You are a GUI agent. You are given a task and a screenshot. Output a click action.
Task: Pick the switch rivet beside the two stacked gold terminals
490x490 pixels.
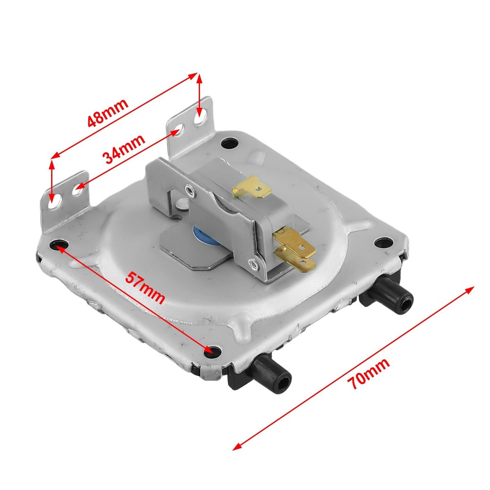(x=253, y=265)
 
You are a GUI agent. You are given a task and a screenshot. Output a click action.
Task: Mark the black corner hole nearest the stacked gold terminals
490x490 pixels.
(x=383, y=242)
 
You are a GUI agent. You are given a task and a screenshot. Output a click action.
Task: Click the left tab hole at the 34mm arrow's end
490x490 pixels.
(x=77, y=188)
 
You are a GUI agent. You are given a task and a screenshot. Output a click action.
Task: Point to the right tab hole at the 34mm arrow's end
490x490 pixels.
(x=179, y=130)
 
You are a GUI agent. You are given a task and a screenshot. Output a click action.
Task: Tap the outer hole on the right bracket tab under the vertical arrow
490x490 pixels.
(x=199, y=119)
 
